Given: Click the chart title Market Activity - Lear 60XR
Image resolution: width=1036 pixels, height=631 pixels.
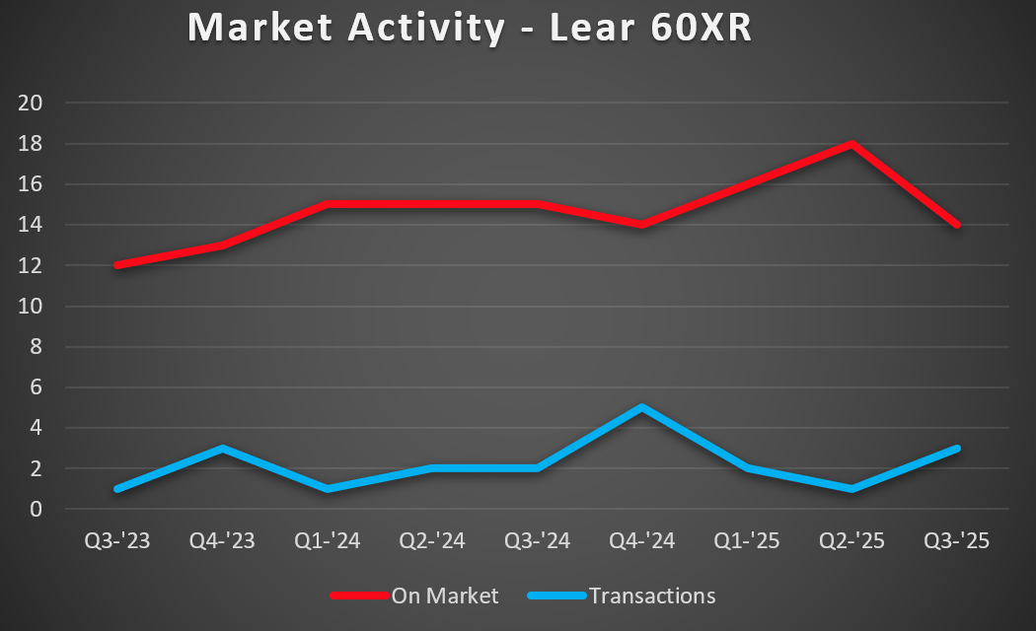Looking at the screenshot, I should pos(470,28).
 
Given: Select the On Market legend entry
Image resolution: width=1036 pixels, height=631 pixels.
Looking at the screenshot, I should pos(445,596).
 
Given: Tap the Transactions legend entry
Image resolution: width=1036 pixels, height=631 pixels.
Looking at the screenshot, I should pos(651,596).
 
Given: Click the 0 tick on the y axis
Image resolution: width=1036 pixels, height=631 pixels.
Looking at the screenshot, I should pos(37,510).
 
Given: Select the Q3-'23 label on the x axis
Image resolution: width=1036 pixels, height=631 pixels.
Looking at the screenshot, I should pos(117,541).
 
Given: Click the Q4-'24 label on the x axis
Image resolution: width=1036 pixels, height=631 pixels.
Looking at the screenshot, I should pos(642,541).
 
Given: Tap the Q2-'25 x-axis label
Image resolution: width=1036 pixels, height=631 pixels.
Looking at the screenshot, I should pos(851,541).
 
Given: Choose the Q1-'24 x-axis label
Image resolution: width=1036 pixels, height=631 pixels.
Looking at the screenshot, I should pos(328,541).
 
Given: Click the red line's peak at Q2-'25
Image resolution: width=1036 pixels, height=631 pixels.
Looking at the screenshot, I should pos(851,144).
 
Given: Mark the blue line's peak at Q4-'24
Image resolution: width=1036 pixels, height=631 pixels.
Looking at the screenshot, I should pos(642,407).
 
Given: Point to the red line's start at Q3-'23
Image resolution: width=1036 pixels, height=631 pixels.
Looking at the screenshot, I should pos(118,265).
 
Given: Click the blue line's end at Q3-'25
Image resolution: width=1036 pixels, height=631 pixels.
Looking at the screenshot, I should pos(956,449).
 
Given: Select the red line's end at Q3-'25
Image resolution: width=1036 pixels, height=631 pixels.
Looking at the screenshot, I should pos(956,225).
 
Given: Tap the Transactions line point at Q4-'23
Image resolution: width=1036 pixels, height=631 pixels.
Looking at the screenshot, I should pos(223,449).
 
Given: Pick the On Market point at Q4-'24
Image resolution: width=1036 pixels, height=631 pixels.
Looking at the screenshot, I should pos(642,225).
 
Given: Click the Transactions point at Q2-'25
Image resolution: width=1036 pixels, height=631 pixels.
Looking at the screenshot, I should pos(851,489).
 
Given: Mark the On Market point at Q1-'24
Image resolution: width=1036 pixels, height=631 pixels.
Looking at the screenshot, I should pos(328,204).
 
